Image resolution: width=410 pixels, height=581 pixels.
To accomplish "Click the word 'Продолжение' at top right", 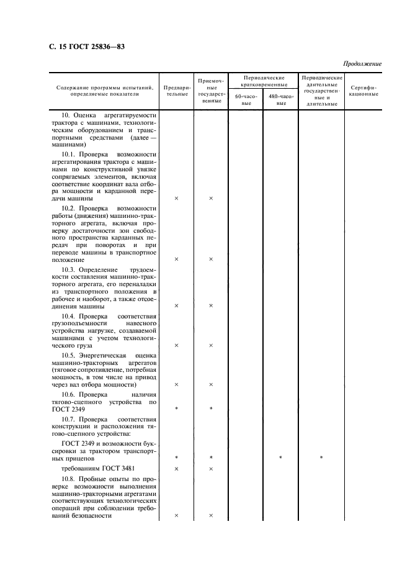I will click(362, 64).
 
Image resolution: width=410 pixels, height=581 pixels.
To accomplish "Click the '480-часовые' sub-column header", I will click(280, 100).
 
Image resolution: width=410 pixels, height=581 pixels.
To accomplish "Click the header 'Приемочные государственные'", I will click(210, 90).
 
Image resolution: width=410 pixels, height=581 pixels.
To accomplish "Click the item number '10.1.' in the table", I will click(71, 153).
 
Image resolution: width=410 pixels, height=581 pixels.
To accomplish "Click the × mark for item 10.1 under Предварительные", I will click(176, 199).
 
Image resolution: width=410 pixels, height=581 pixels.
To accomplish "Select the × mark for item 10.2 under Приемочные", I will click(211, 259).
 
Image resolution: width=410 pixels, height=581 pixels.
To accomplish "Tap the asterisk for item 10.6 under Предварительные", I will click(176, 409).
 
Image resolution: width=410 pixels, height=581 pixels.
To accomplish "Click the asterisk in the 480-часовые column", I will click(280, 457).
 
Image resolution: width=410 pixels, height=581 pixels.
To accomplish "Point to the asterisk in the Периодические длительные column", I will click(321, 457).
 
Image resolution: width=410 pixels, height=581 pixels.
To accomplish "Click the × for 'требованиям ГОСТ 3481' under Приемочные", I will click(211, 469).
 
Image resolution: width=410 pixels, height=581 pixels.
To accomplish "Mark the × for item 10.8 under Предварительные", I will click(176, 515).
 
